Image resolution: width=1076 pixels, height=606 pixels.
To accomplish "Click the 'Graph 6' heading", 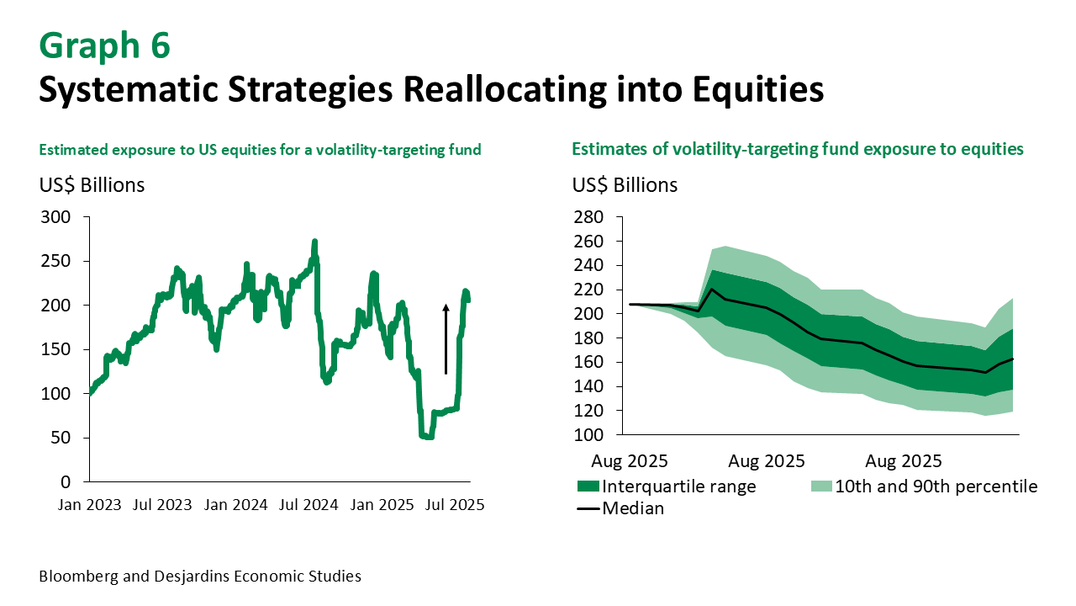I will (x=104, y=45).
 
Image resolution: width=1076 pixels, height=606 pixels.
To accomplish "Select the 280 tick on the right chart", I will (x=588, y=217).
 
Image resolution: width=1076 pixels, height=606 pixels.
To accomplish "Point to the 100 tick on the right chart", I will (x=588, y=435).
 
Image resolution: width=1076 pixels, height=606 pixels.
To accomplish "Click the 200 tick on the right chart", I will (x=588, y=314).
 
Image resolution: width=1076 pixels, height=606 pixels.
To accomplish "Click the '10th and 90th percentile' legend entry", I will (x=936, y=486).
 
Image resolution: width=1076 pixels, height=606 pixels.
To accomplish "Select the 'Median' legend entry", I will (x=633, y=508).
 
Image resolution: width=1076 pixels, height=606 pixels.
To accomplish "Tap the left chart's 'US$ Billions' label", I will (x=92, y=185).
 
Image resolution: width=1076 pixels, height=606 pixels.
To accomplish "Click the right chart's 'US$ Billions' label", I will (x=625, y=185).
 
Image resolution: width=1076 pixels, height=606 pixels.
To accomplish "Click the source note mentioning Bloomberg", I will (x=200, y=577).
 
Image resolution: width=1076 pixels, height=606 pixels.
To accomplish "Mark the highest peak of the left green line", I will (x=314, y=242).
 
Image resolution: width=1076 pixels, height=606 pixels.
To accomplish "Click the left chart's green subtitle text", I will (x=260, y=150).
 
